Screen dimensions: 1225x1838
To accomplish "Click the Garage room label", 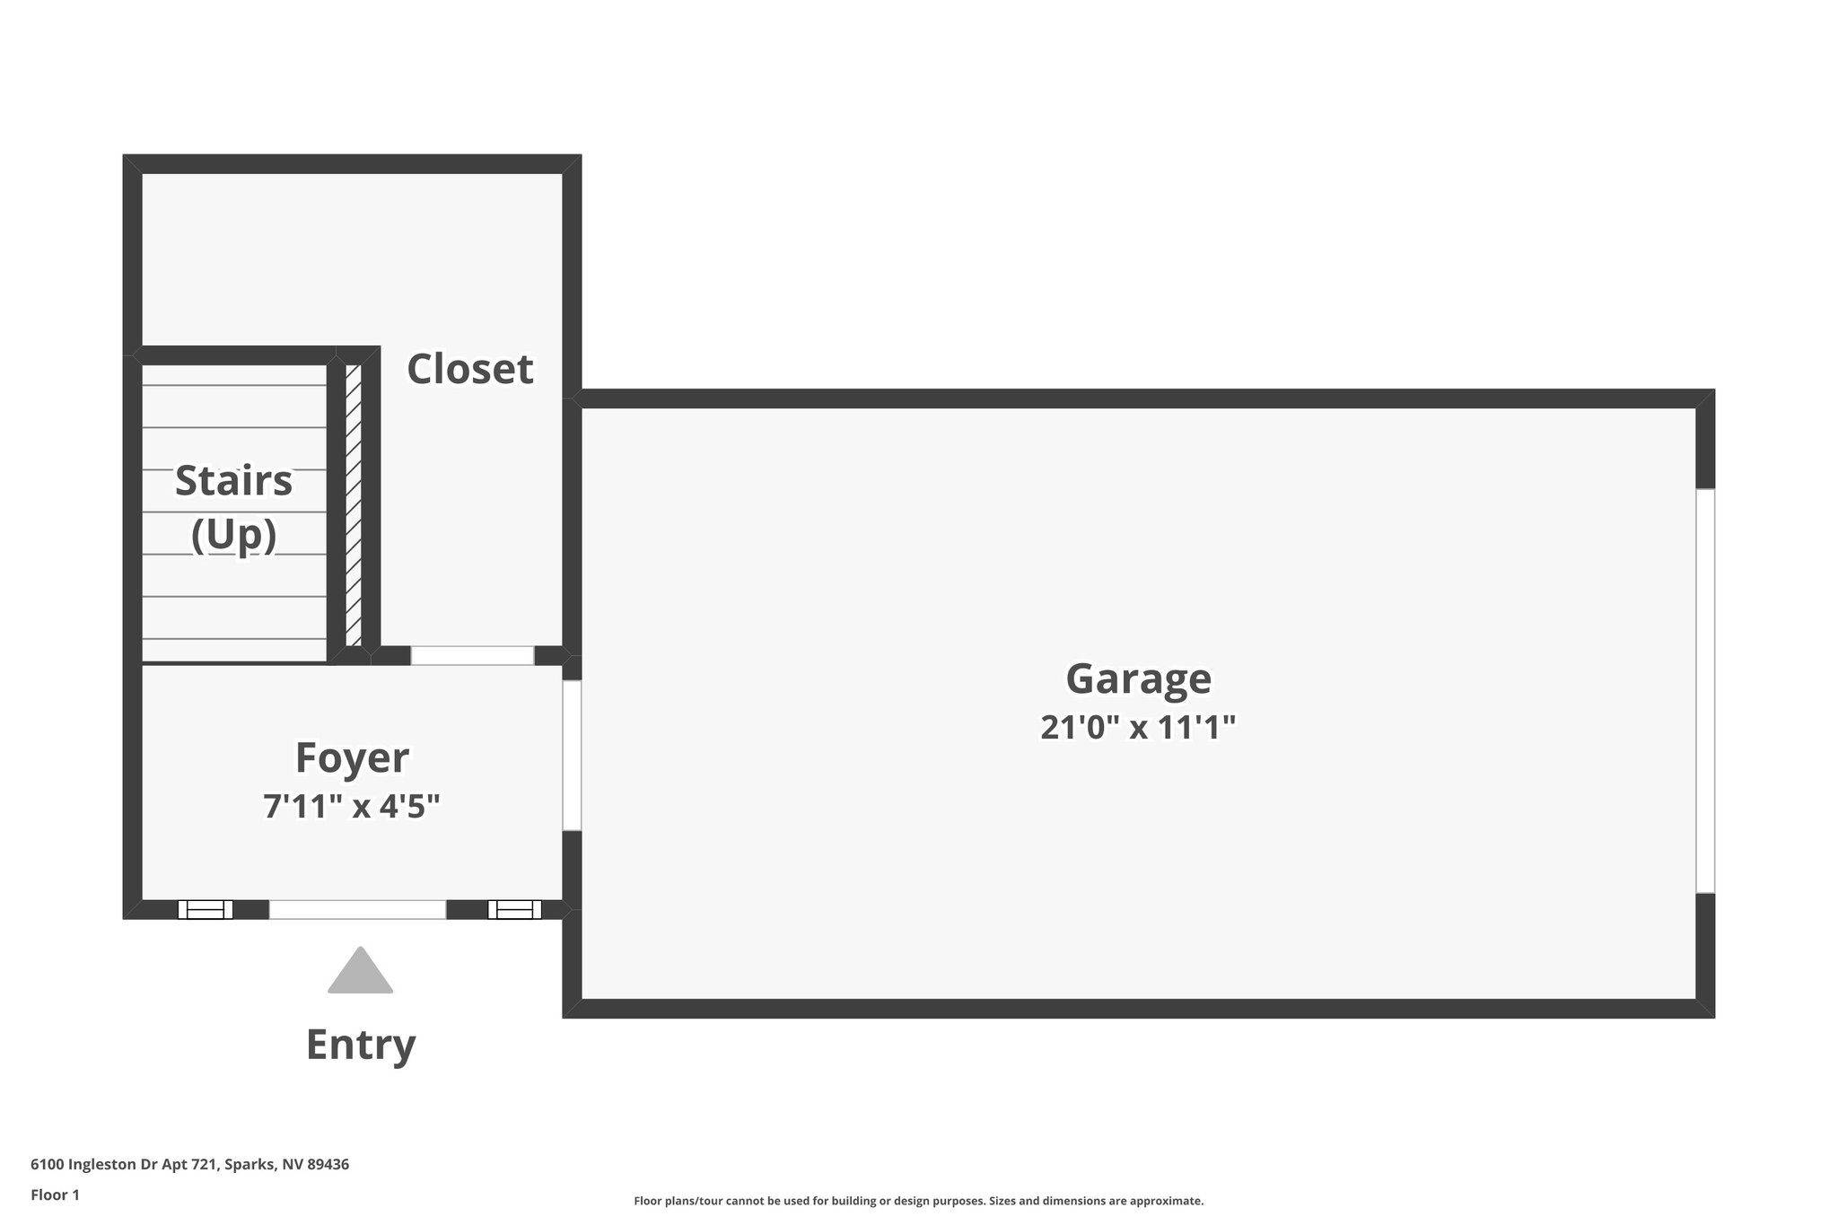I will (x=1138, y=678).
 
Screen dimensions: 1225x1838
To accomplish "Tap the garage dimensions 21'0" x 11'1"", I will (x=1138, y=727).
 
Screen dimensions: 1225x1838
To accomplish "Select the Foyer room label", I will (x=352, y=757).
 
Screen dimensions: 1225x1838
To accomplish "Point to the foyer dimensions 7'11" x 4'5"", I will (x=352, y=806).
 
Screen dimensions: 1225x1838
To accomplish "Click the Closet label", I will (x=470, y=369).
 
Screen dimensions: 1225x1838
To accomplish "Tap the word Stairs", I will (x=233, y=480).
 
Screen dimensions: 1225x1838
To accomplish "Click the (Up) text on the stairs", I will (x=233, y=535).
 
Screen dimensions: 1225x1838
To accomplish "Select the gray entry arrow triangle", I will (x=360, y=973).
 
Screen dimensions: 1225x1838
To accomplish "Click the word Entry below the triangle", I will (x=361, y=1045).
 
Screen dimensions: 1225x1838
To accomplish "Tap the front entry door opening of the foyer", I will (x=357, y=909).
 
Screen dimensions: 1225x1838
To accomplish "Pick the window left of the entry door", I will (x=206, y=909).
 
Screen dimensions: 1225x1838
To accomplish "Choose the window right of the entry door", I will (x=514, y=909).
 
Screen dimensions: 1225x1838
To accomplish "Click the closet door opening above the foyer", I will (x=472, y=656).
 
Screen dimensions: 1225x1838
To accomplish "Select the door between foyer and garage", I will (x=572, y=755).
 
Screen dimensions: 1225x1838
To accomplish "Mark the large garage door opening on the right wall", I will (x=1705, y=691).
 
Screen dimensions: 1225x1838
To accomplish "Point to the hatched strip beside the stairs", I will (x=354, y=504).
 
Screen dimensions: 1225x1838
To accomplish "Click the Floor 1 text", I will (x=56, y=1194).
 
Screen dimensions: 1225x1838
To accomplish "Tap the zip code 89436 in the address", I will (x=328, y=1164).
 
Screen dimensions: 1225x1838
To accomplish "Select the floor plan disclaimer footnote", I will (x=918, y=1201).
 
